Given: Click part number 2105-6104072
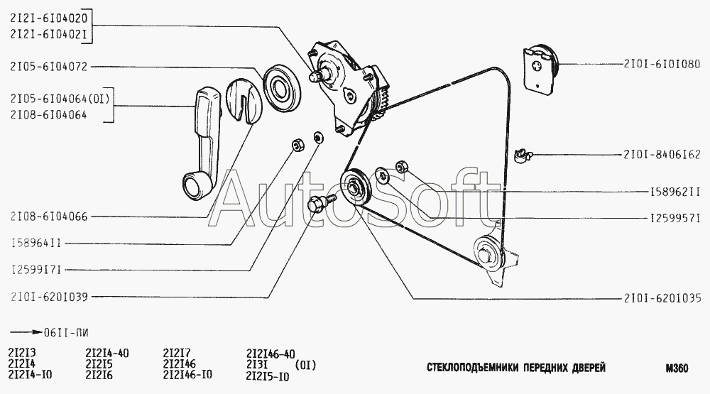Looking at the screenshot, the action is (x=48, y=67).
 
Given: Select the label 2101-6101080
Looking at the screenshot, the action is (x=662, y=64).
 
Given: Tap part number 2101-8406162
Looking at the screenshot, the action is (x=662, y=155).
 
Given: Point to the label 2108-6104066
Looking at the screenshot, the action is (x=49, y=217).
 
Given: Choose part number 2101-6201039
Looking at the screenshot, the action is (x=49, y=297).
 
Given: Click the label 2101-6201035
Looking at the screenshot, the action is (x=662, y=298).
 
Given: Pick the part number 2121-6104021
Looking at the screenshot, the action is (x=48, y=34).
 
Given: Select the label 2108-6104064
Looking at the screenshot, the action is (x=48, y=115).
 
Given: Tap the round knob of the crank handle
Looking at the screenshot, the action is (x=195, y=186).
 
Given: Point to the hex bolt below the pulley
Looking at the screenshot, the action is (x=321, y=202).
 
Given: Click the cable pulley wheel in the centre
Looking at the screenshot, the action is (x=356, y=189).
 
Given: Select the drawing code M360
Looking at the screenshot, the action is (x=677, y=368).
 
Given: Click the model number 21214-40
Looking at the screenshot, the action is (x=107, y=354).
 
